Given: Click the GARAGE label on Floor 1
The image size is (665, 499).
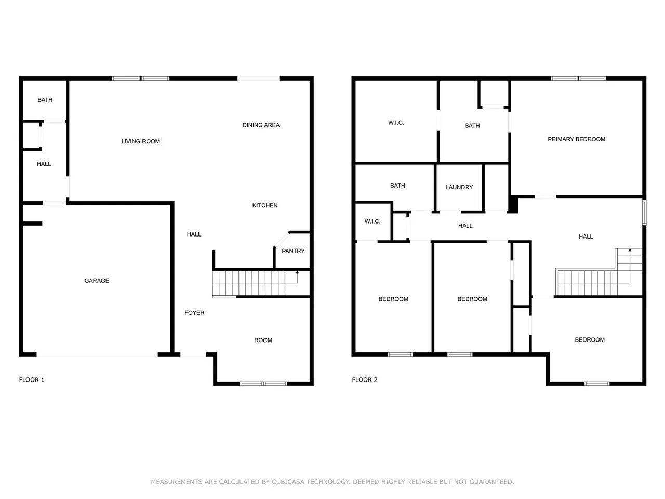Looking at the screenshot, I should pos(97,281).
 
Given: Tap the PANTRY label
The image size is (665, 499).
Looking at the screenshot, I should pos(293,251).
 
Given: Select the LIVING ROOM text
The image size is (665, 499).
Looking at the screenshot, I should pos(140,141).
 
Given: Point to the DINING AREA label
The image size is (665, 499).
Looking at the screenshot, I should pos(261,125).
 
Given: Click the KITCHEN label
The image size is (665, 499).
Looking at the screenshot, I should pos(265,206).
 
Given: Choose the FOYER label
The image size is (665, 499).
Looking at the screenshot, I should pos(194,313).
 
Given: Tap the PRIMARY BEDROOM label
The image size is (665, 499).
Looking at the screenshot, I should pos(576,139).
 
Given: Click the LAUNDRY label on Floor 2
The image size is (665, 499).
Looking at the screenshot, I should pos(459,187).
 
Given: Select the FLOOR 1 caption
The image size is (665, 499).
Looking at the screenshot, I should pos(32,380).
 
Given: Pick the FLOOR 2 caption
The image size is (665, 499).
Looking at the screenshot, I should pos(365,380).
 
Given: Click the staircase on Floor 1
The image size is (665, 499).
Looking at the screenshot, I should pos(249,283).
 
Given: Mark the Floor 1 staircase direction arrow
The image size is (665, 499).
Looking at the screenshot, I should pos(297,272).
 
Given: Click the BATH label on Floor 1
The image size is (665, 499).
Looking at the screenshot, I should pos(45,100).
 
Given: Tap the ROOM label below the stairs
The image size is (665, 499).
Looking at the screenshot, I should pos(263,340).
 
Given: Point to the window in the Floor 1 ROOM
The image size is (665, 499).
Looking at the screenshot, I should pos(263,384).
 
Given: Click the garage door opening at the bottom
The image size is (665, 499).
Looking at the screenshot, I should pos(97,356).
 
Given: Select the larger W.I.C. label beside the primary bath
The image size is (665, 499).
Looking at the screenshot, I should pos(396,123).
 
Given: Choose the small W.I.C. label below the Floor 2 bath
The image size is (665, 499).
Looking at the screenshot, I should pos(373,221).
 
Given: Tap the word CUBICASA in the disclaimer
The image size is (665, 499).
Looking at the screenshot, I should pos(291,482).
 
